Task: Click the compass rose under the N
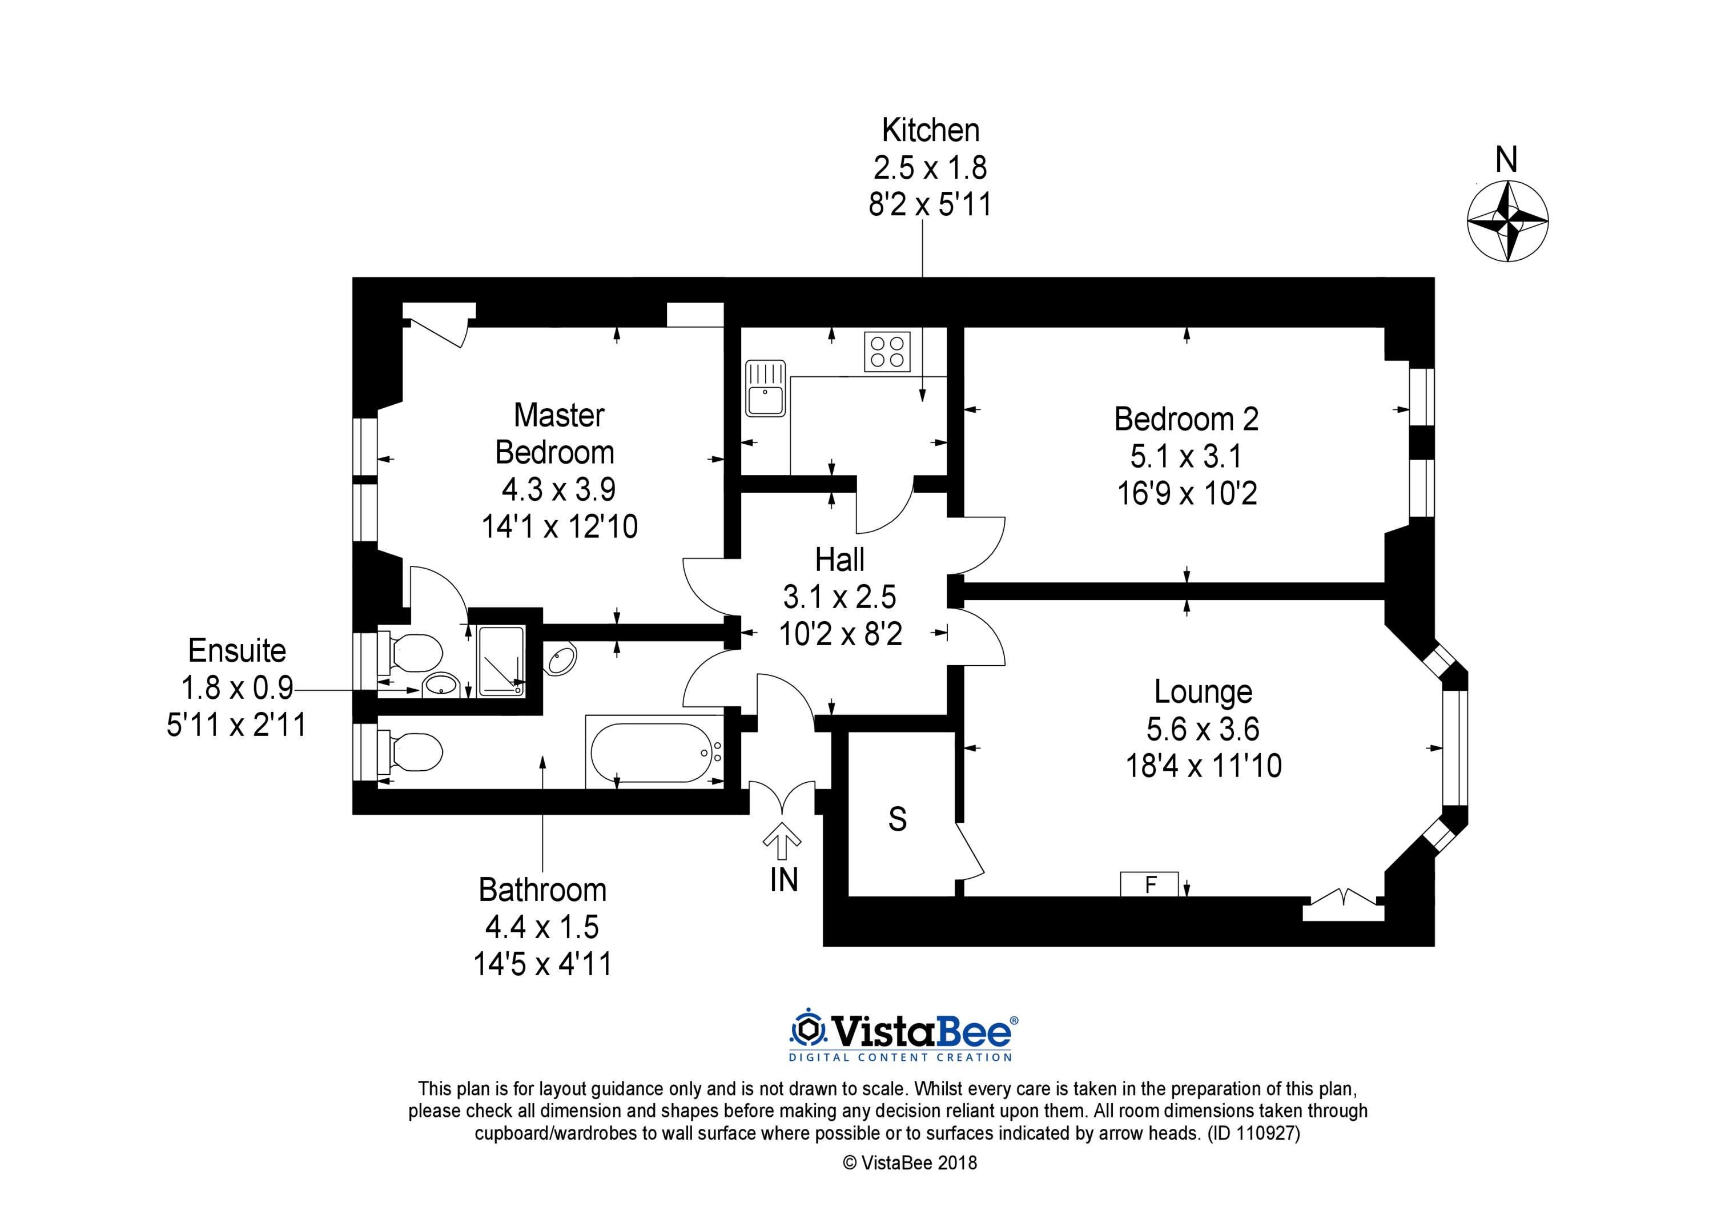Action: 1507,222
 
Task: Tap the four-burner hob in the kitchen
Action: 887,352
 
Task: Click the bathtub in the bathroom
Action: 654,751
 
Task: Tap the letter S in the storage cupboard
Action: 898,819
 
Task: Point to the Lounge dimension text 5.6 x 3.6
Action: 1203,729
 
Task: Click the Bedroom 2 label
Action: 1187,419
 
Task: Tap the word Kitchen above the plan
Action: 930,131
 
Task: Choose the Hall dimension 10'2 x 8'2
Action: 841,634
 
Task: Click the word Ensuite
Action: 238,651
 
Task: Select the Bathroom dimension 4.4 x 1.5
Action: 542,927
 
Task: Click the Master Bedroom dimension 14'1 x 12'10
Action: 560,527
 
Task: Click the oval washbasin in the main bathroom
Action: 561,659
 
